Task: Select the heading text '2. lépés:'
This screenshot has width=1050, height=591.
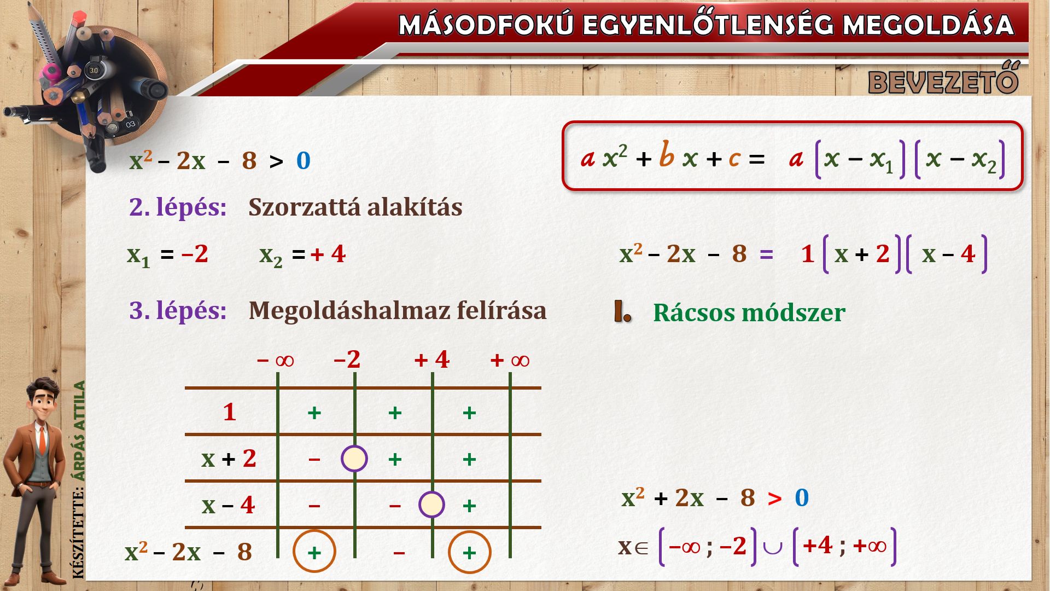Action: click(178, 207)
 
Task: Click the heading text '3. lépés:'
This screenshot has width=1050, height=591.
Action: click(178, 310)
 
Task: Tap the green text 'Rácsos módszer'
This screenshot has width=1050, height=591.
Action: click(749, 312)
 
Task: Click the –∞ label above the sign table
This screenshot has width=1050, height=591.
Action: click(275, 360)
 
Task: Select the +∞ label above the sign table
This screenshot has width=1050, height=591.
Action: click(510, 360)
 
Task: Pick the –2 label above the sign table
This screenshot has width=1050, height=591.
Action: click(347, 360)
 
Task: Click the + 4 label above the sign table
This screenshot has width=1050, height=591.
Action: click(431, 360)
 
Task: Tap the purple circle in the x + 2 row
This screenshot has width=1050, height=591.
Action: click(354, 459)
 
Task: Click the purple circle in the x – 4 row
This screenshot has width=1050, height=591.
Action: click(431, 505)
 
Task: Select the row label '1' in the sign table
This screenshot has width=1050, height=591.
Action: click(230, 412)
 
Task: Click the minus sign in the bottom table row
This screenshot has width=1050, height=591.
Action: click(399, 553)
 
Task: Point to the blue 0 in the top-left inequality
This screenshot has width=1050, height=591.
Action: click(304, 161)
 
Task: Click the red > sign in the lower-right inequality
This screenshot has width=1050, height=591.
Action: click(774, 499)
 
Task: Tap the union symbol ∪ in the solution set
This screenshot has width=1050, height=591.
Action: click(772, 547)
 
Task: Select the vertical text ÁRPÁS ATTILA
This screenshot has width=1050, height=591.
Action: click(80, 431)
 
